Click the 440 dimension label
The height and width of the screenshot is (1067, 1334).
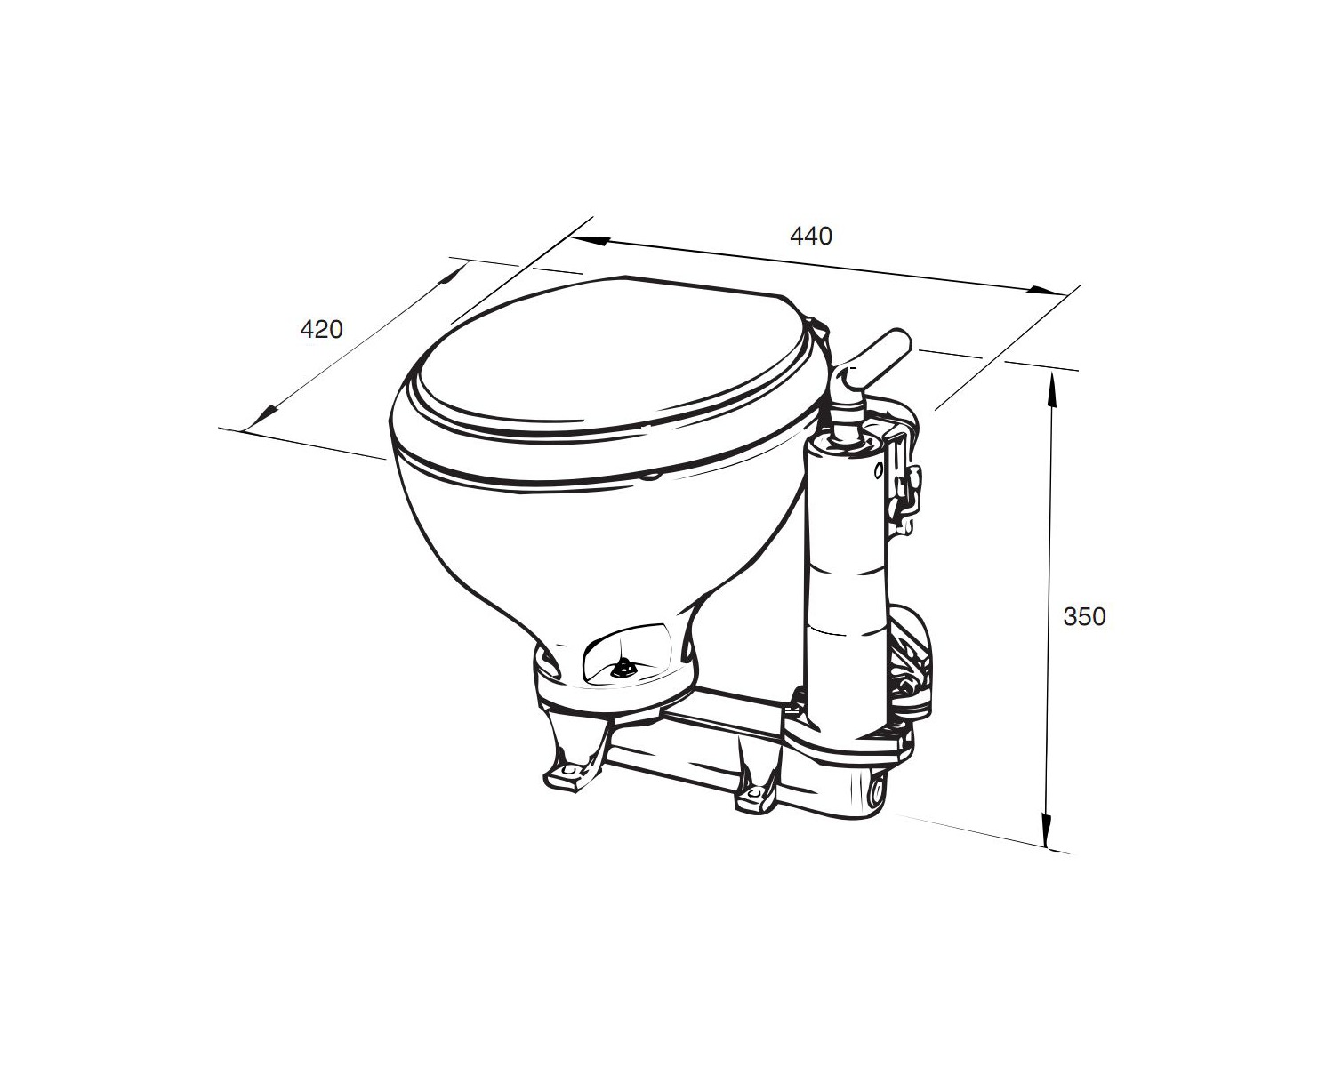[x=811, y=237]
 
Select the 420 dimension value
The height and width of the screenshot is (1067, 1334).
[x=321, y=329]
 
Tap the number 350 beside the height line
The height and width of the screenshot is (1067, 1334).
[x=1084, y=616]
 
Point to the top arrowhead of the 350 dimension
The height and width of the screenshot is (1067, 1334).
[x=1051, y=390]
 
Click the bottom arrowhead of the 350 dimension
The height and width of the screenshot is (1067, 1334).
[x=1047, y=830]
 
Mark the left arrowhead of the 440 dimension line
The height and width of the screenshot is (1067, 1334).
[x=590, y=241]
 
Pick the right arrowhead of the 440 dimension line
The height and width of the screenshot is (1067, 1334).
[x=1048, y=291]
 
